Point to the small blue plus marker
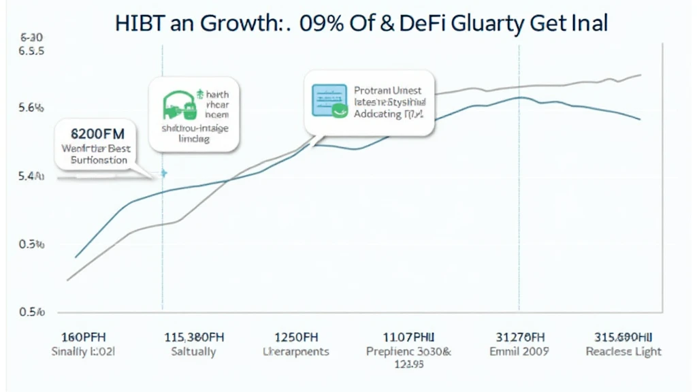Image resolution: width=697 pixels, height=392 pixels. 163,174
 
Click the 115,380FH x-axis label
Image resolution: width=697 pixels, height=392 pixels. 195,336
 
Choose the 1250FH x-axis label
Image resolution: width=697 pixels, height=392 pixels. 295,336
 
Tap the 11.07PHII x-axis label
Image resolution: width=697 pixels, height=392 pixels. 408,336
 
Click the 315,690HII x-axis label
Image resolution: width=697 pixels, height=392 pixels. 623,336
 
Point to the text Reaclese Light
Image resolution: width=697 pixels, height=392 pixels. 623,351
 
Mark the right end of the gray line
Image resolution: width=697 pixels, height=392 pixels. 641,75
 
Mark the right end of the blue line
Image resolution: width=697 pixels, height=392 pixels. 641,120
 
